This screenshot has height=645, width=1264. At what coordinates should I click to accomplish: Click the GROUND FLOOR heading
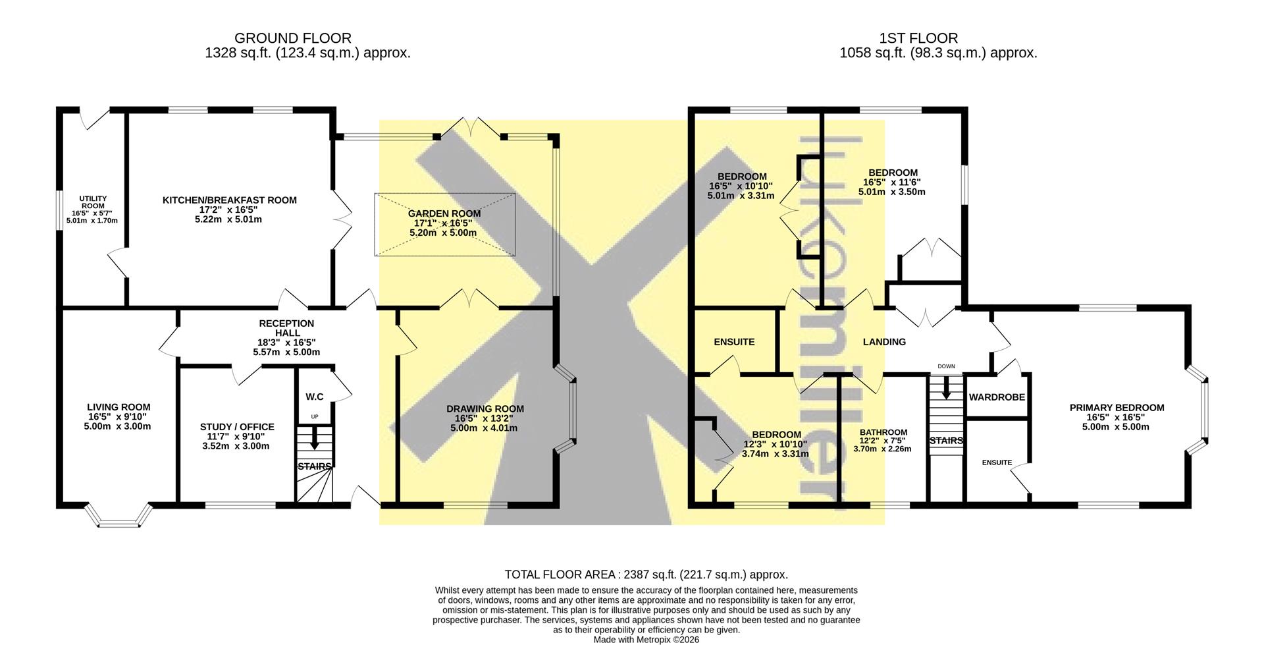coord(293,39)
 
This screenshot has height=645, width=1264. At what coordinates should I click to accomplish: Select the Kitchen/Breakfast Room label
coord(230,200)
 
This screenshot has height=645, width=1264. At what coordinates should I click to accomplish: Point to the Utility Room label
coord(93,202)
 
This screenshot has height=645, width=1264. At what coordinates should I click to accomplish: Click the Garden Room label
coord(444,213)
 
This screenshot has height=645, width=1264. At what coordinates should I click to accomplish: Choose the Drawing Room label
coord(485,408)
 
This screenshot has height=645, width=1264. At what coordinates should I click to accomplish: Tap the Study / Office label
coord(237,427)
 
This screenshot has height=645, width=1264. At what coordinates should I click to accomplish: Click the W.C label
coord(315,397)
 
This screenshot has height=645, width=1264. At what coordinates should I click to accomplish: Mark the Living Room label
coord(118,407)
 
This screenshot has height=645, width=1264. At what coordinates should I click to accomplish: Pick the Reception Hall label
coord(286,328)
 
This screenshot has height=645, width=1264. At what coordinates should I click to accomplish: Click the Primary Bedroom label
coord(1117,408)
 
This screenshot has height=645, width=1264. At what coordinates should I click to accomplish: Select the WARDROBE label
coord(997,397)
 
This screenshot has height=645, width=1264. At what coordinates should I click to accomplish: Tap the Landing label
coord(884,342)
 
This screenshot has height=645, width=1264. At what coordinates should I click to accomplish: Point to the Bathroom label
coord(883,432)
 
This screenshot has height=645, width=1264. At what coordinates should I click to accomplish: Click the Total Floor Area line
coord(646,575)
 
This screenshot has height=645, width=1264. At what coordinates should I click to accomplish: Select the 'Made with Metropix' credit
coord(646,640)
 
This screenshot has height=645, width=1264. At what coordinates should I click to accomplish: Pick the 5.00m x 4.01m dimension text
coord(484,428)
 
